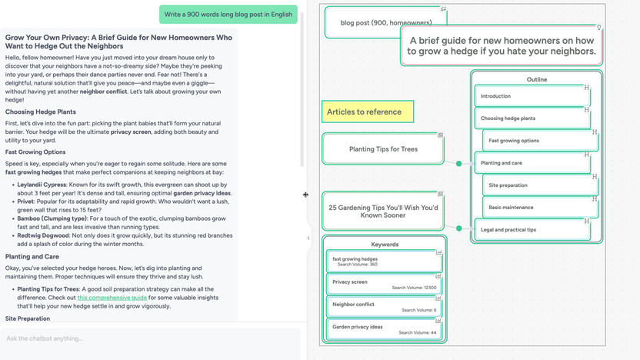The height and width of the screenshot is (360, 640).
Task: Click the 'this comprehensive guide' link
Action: coord(112,297)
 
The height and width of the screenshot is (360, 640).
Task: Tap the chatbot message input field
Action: coord(150,338)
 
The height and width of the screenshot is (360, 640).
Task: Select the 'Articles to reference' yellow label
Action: coord(367,112)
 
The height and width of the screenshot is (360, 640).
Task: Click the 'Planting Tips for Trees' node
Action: coord(382,149)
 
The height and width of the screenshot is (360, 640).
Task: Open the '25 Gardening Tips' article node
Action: coord(382,212)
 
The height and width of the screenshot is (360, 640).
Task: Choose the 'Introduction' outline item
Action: coord(531,96)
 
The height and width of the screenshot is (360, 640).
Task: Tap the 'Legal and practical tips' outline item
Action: coord(531,229)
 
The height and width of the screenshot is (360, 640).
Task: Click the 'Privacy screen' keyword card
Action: coord(384,284)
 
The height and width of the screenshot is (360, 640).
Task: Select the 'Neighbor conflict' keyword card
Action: coord(384,306)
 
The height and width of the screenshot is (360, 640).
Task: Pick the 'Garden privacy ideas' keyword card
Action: coord(384,329)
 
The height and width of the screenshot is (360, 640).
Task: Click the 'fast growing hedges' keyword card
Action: coord(384,262)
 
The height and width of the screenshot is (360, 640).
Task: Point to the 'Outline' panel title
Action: coord(537,79)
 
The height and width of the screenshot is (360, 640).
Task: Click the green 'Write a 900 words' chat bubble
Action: coord(228,15)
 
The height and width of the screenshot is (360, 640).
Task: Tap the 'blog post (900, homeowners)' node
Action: coord(385,23)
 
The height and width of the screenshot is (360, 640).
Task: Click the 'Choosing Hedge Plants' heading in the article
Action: coord(41,112)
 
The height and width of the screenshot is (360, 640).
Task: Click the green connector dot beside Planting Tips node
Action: coord(459,164)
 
